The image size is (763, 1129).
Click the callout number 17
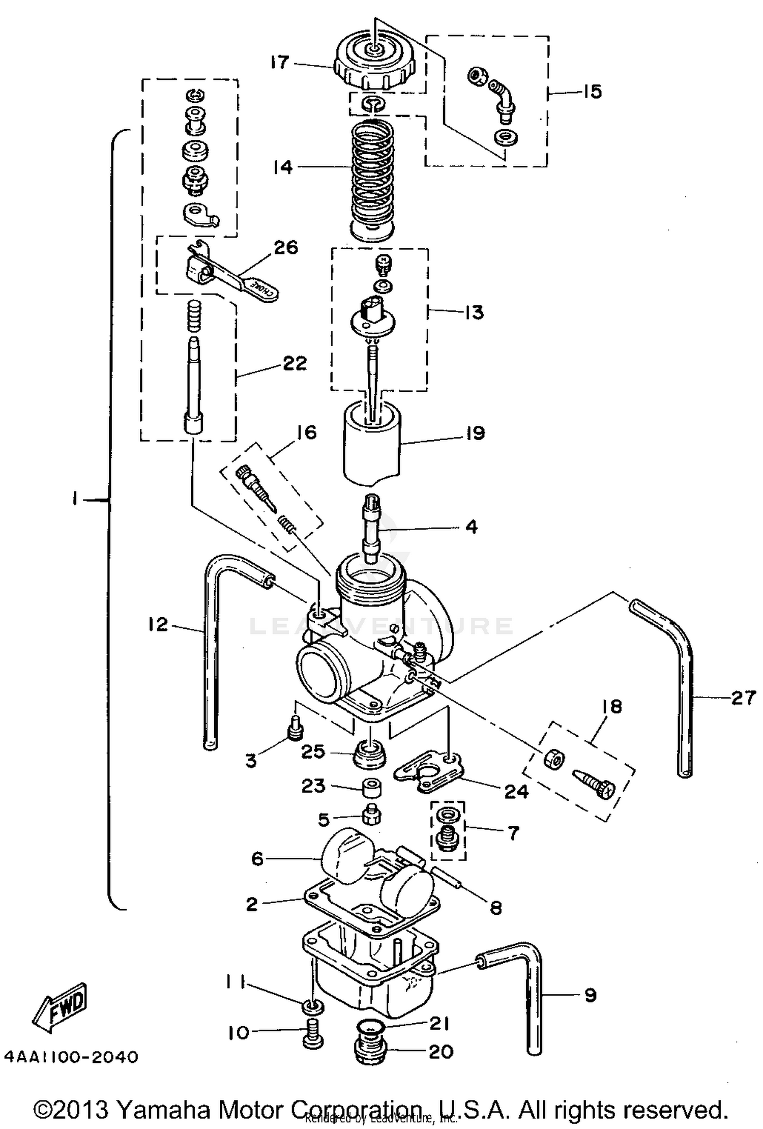[279, 63]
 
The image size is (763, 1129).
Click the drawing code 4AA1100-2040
[71, 1057]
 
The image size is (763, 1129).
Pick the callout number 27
[743, 698]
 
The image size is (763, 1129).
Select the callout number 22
[295, 363]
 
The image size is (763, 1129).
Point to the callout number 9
[590, 995]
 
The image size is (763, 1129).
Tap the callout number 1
[75, 500]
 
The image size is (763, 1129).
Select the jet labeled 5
[373, 817]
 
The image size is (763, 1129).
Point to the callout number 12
[158, 624]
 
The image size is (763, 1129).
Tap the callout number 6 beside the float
[257, 859]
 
